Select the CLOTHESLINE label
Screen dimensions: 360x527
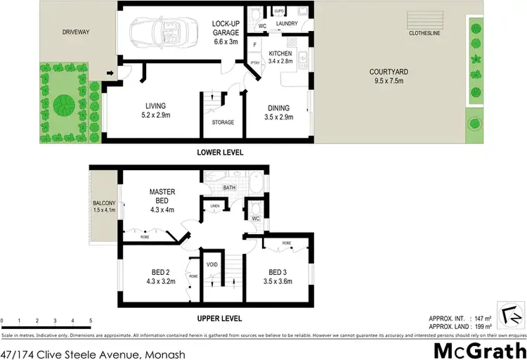424,33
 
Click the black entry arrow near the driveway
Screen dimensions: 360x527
110,72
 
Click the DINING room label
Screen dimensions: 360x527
278,108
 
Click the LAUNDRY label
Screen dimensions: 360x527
287,24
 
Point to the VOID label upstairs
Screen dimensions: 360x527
212,264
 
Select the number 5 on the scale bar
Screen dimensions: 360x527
91,321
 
